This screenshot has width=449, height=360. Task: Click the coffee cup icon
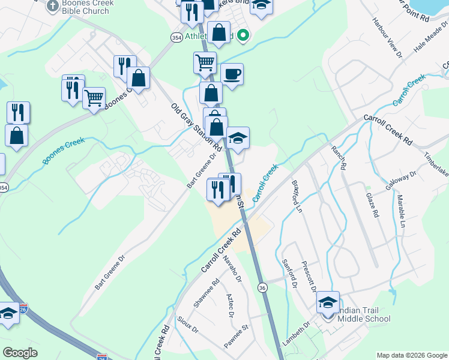(x=232, y=74)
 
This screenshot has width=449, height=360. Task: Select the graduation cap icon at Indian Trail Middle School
(x=328, y=302)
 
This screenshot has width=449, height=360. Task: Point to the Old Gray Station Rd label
(x=196, y=127)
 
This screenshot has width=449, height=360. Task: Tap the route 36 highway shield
(x=262, y=288)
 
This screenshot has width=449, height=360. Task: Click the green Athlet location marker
(x=243, y=35)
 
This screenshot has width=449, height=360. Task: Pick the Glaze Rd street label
(x=372, y=205)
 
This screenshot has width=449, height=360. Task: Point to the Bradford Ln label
(x=297, y=196)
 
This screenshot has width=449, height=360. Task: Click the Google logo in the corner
(x=20, y=353)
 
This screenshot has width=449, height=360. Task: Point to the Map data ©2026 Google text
(x=412, y=355)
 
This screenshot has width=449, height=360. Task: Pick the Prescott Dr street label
(x=309, y=275)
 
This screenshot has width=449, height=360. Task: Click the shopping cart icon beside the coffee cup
(x=205, y=62)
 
